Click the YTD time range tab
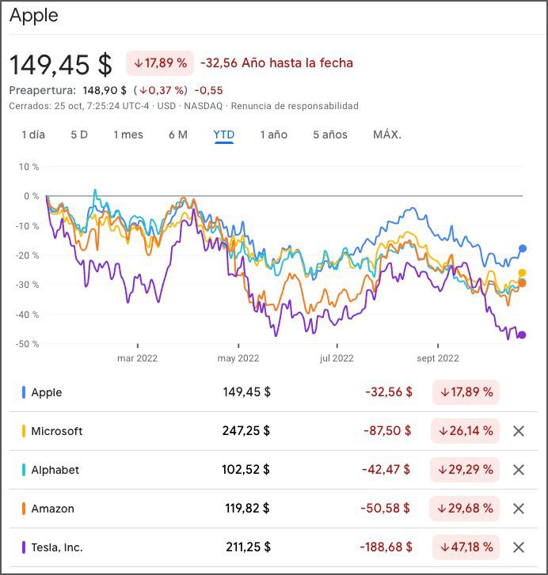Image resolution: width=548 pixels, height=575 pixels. [224, 134]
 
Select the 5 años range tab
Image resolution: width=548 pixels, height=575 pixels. [329, 134]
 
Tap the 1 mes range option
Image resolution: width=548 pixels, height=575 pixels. [128, 134]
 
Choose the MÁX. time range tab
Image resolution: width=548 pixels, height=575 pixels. [387, 134]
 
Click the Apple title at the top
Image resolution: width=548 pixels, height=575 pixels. [34, 16]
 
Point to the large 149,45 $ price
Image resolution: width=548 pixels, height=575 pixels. [61, 63]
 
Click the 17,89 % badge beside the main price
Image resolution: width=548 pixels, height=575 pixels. [160, 62]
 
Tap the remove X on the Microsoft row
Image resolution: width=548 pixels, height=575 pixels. [519, 431]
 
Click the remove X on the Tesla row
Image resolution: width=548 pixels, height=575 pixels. [519, 547]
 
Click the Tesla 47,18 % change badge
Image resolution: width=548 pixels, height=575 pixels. [466, 547]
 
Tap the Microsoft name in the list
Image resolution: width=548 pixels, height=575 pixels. [57, 431]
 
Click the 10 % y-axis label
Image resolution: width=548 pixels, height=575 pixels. [30, 167]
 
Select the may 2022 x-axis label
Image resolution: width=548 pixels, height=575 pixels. [238, 358]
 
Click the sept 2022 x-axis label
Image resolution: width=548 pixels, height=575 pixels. [437, 358]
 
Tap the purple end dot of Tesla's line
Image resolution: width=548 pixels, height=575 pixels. [522, 335]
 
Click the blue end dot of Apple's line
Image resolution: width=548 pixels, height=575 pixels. [523, 248]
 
